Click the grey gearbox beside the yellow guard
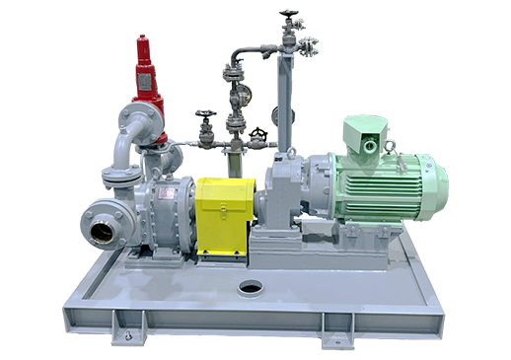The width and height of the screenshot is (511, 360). coord(282,192)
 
